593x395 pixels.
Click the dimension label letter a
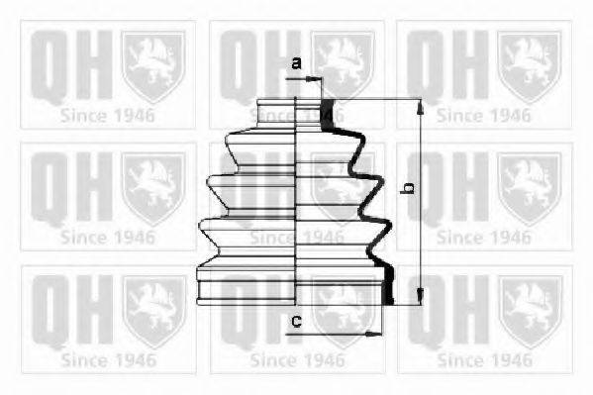[297, 63]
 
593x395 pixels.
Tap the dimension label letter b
[408, 188]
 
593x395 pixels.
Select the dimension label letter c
[297, 321]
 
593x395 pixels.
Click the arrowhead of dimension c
[373, 334]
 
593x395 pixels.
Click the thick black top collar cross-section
[328, 114]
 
